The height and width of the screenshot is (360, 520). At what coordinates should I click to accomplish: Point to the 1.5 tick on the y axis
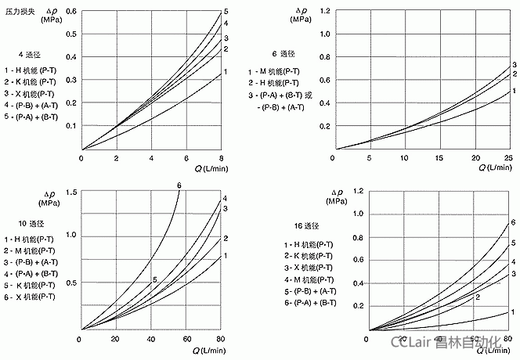(72, 193)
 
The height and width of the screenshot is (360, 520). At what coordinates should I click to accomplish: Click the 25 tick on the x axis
(508, 159)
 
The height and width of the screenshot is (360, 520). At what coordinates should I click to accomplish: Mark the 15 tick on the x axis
(439, 159)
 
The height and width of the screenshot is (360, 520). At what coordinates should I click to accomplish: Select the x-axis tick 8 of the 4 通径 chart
(222, 159)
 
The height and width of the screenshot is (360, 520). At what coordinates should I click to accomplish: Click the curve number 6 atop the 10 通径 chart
(179, 185)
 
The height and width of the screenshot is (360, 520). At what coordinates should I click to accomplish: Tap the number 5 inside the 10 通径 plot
(155, 279)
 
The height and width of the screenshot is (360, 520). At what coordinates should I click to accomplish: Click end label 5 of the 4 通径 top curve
(226, 12)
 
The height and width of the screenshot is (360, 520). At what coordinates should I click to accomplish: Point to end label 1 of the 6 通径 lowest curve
(515, 92)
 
